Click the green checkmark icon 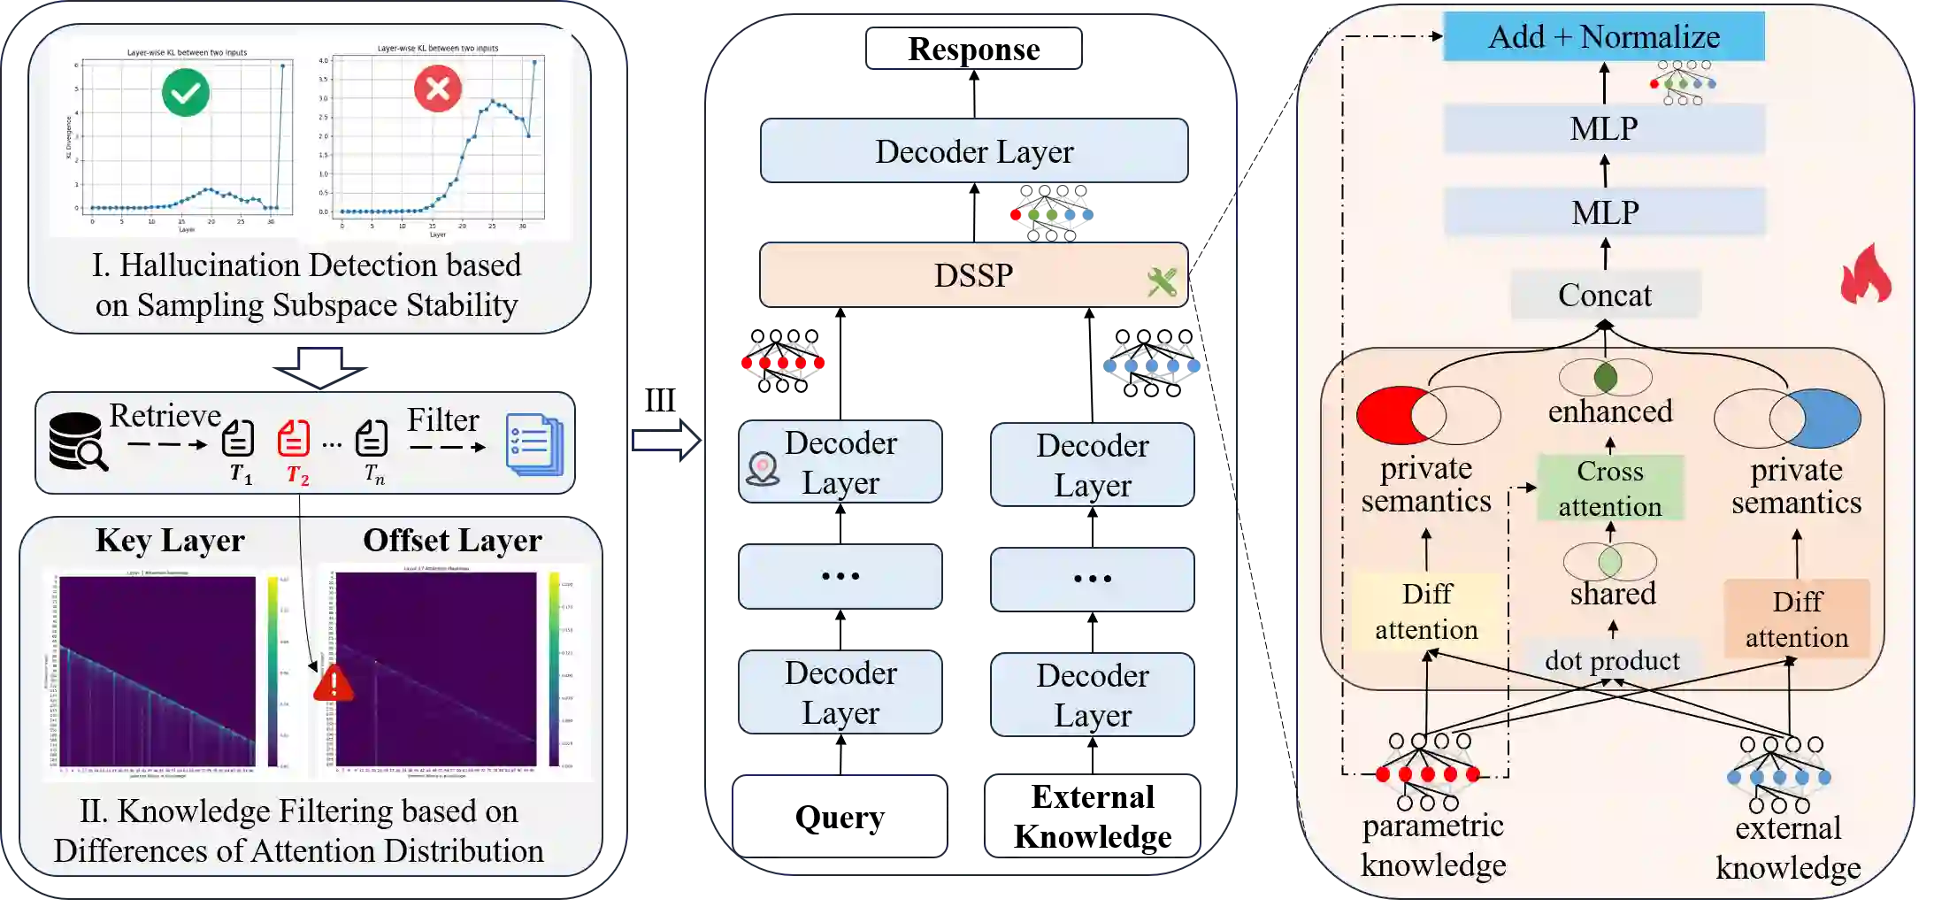pos(186,93)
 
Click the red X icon pos(438,88)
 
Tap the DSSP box pos(973,275)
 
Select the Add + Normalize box pos(1603,37)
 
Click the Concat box pos(1604,295)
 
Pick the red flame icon pos(1866,274)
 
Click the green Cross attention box pos(1610,488)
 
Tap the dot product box pos(1612,660)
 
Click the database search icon pos(77,441)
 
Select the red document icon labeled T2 pos(294,438)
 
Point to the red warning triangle pos(334,684)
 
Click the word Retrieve pos(165,415)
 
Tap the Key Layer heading pos(170,540)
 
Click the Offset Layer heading pos(452,540)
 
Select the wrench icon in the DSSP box pos(1162,282)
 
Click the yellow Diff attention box pos(1426,611)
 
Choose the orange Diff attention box pos(1796,619)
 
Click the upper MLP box pos(1604,129)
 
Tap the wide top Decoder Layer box pos(973,151)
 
